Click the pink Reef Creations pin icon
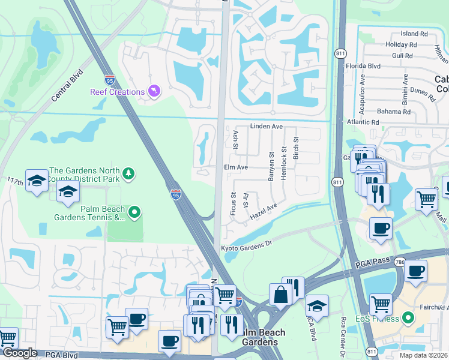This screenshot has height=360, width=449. [x=154, y=91]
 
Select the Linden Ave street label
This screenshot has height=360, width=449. [x=266, y=127]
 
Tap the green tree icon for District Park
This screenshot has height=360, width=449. [x=127, y=174]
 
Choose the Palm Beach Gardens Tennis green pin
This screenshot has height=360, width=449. [x=135, y=211]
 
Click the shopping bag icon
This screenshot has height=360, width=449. [x=280, y=295]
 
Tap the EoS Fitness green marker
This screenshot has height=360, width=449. [x=409, y=317]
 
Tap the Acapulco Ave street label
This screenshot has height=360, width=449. [x=362, y=88]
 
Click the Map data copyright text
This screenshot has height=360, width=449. [x=423, y=355]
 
